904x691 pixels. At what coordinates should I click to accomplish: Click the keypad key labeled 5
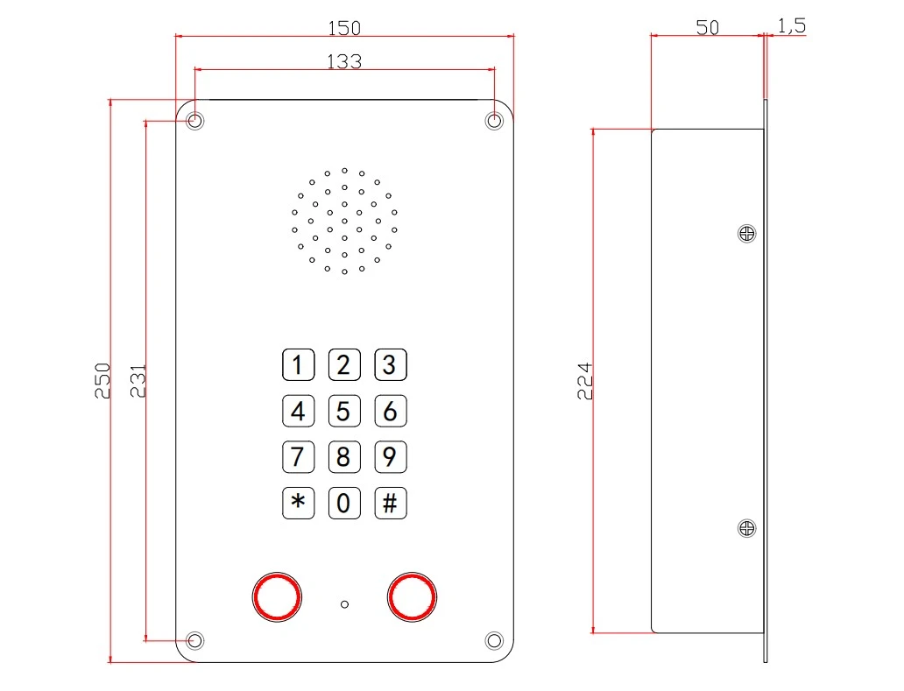pos(344,411)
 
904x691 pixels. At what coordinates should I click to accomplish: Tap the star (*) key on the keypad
pos(298,503)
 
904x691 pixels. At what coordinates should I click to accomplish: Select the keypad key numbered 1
pos(298,365)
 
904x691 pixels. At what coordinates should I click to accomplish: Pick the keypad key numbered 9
pos(391,457)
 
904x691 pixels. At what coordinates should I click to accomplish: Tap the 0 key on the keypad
pos(344,503)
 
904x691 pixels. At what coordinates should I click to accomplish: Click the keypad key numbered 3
pos(391,365)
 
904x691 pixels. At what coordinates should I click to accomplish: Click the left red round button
pos(277,597)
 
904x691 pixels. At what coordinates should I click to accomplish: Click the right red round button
pos(412,597)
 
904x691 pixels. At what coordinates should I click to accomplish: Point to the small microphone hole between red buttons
pos(344,604)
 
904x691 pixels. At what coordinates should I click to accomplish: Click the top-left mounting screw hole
pos(195,121)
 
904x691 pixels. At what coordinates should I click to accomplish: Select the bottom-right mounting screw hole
pos(494,640)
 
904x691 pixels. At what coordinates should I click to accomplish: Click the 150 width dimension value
pos(344,27)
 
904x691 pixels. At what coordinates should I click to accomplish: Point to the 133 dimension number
pos(344,61)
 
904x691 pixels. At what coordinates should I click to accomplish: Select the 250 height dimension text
pos(102,380)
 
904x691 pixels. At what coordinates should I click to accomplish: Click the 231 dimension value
pos(138,381)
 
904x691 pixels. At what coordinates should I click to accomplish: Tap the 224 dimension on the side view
pos(584,381)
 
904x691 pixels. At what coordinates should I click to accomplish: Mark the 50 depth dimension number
pos(708,27)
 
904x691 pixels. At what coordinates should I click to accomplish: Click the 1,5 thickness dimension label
pos(792,25)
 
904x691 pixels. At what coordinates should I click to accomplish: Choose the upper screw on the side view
pos(746,234)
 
